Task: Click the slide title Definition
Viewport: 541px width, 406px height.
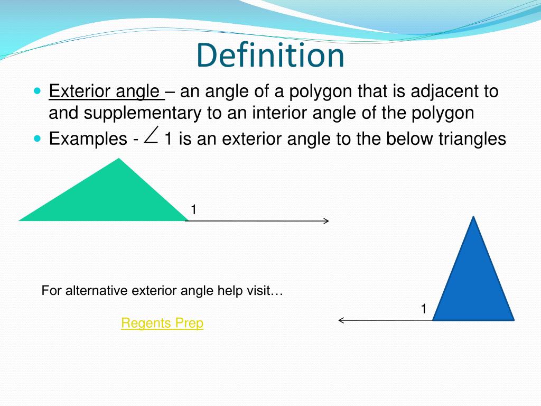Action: click(270, 56)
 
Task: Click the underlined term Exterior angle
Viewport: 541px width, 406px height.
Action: click(105, 91)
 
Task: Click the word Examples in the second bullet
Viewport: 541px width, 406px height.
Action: click(87, 139)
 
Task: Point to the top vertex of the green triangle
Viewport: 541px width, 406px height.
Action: click(119, 159)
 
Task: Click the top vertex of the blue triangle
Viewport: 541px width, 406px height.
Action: click(474, 217)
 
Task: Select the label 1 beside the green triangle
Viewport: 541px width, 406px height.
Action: click(193, 210)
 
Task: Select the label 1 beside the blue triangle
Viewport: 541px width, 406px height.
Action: click(423, 309)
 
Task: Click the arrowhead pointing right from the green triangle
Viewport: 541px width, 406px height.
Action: click(327, 221)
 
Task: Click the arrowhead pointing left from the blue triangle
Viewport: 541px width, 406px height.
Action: click(341, 320)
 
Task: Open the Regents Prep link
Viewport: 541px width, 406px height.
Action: click(162, 323)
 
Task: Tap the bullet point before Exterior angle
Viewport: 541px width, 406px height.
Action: click(36, 91)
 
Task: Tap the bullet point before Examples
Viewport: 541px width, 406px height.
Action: click(36, 139)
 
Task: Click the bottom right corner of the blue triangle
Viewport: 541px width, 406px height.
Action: click(512, 319)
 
